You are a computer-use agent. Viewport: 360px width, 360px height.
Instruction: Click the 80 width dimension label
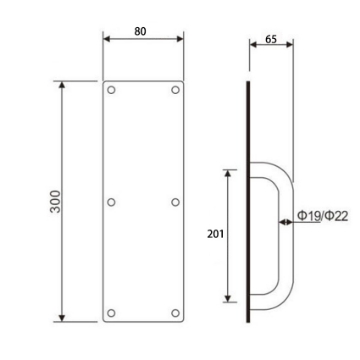coord(143,31)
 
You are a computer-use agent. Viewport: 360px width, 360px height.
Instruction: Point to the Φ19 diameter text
coord(308,215)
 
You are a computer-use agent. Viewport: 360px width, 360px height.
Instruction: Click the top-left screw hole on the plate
coord(112,92)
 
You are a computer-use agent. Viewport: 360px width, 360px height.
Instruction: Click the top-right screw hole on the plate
coord(175,92)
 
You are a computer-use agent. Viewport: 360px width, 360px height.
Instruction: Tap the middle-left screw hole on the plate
coord(112,202)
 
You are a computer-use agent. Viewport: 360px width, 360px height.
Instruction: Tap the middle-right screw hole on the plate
coord(175,202)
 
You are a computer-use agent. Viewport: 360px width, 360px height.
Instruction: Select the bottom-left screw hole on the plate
coord(112,312)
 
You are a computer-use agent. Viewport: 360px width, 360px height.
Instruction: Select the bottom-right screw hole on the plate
coord(175,312)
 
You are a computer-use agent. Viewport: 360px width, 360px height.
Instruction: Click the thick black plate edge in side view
coord(247,200)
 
